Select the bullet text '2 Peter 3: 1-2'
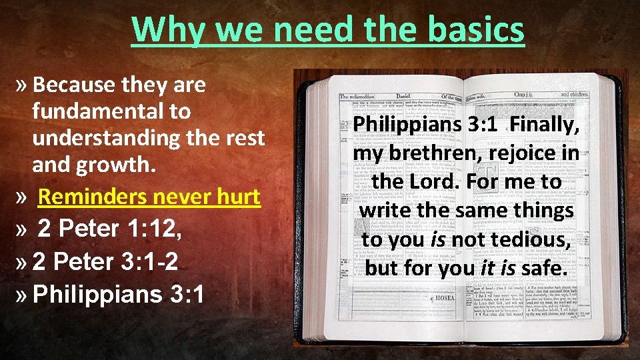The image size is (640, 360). [105, 261]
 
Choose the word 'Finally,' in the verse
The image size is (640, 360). [545, 125]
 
